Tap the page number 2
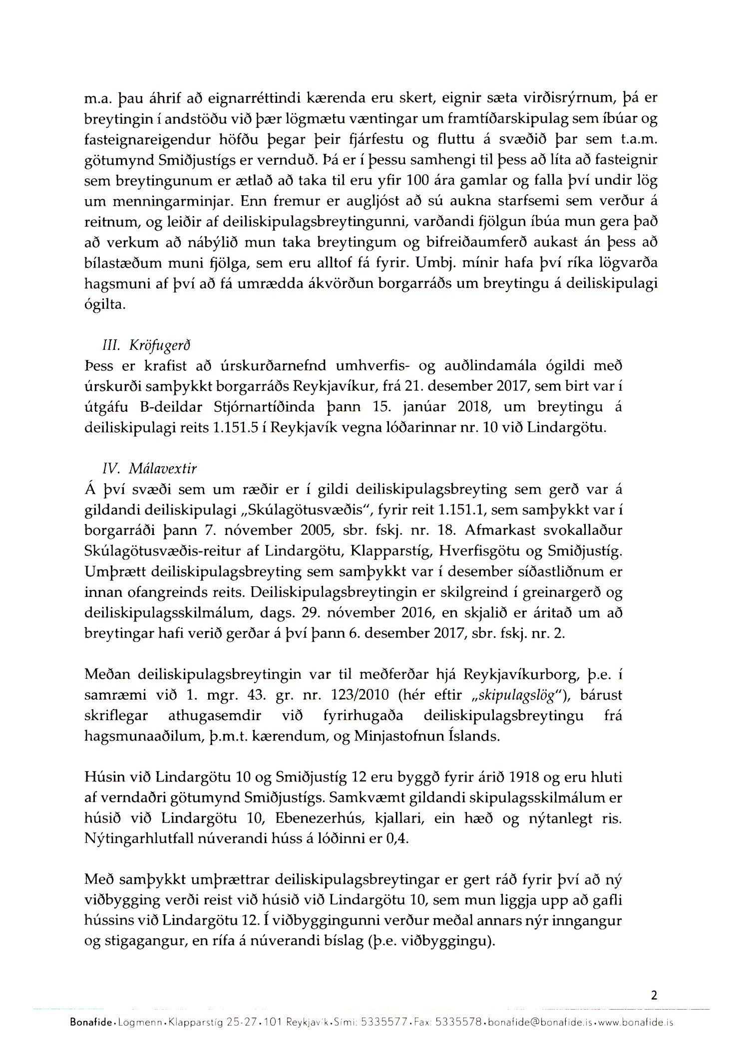tap(654, 996)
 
